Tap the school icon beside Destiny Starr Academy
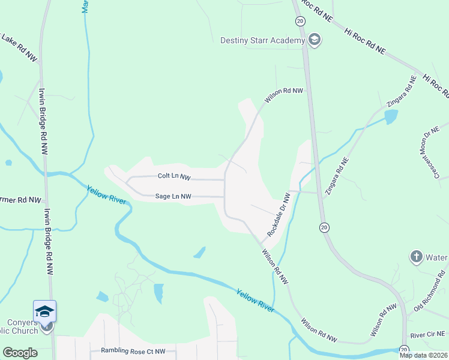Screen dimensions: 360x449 [x=313, y=40]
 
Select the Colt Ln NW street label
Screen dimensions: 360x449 [x=174, y=177]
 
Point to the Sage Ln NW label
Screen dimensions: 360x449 [x=173, y=196]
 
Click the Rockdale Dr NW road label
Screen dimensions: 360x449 [x=279, y=214]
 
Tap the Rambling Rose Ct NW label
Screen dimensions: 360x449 [x=133, y=350]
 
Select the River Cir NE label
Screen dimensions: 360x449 [x=427, y=334]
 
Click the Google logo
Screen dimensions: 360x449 [x=20, y=353]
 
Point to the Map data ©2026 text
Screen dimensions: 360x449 [x=423, y=355]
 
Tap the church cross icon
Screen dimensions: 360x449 [x=416, y=257]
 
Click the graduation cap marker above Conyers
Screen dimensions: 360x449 [x=44, y=311]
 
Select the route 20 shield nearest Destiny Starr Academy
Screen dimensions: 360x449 [x=300, y=21]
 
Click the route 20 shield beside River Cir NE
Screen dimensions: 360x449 [x=404, y=349]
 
